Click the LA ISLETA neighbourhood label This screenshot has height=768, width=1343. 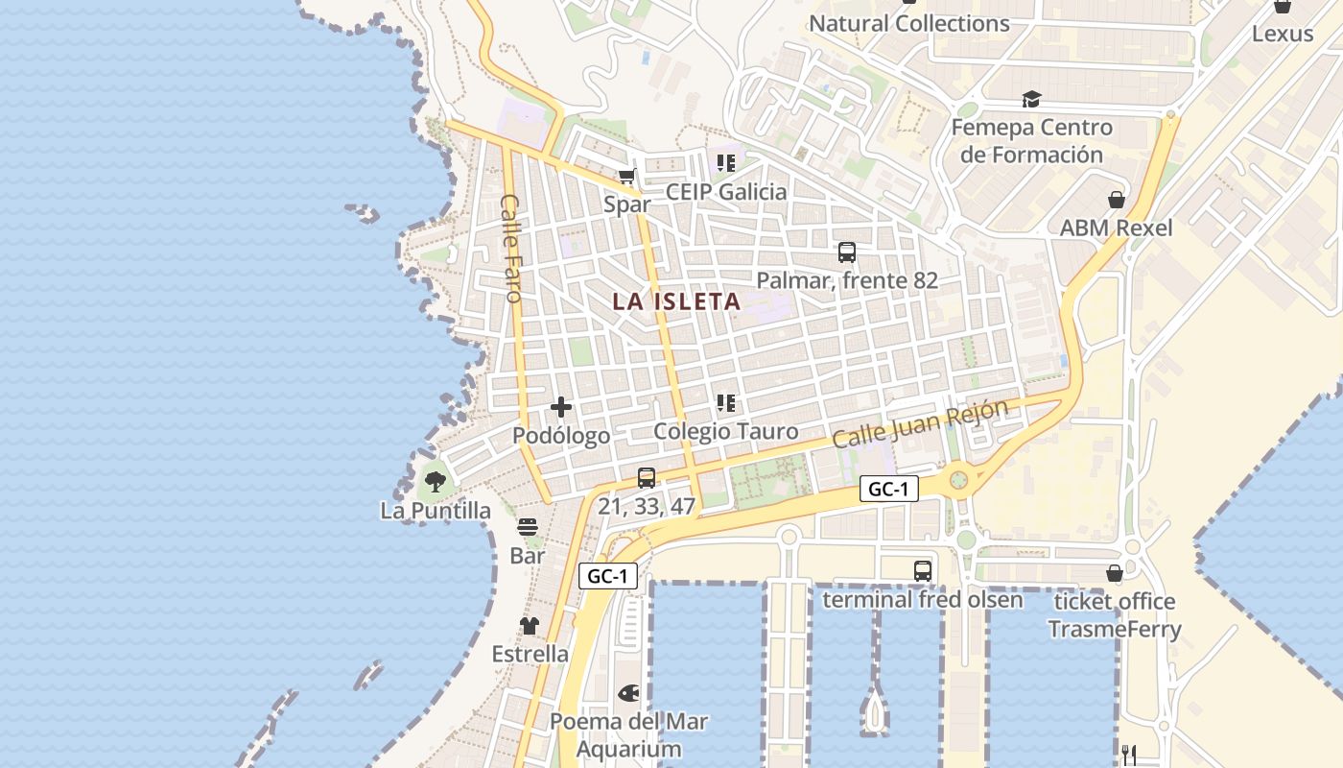click(676, 301)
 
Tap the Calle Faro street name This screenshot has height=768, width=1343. click(510, 249)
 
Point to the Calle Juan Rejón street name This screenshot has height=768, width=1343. click(920, 423)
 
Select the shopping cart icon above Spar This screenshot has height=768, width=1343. click(626, 176)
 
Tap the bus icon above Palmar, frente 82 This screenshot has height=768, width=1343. click(847, 252)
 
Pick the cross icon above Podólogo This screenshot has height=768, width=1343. click(561, 408)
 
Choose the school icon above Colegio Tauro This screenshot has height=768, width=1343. click(726, 404)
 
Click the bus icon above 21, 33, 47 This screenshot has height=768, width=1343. click(647, 478)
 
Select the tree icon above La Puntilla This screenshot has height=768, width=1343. click(436, 482)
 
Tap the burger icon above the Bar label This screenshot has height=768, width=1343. click(528, 527)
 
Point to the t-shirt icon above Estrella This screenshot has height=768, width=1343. click(530, 626)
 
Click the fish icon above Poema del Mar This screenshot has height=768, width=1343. click(629, 692)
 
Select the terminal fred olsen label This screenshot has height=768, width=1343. click(923, 600)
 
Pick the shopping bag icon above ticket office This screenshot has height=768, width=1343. click(1115, 573)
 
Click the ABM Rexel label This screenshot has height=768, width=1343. click(1116, 228)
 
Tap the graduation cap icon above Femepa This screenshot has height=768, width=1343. click(1031, 99)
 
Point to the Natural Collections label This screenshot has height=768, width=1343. click(909, 24)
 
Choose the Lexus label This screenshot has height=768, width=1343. click(1283, 34)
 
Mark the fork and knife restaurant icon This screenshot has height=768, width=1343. click(1129, 755)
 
